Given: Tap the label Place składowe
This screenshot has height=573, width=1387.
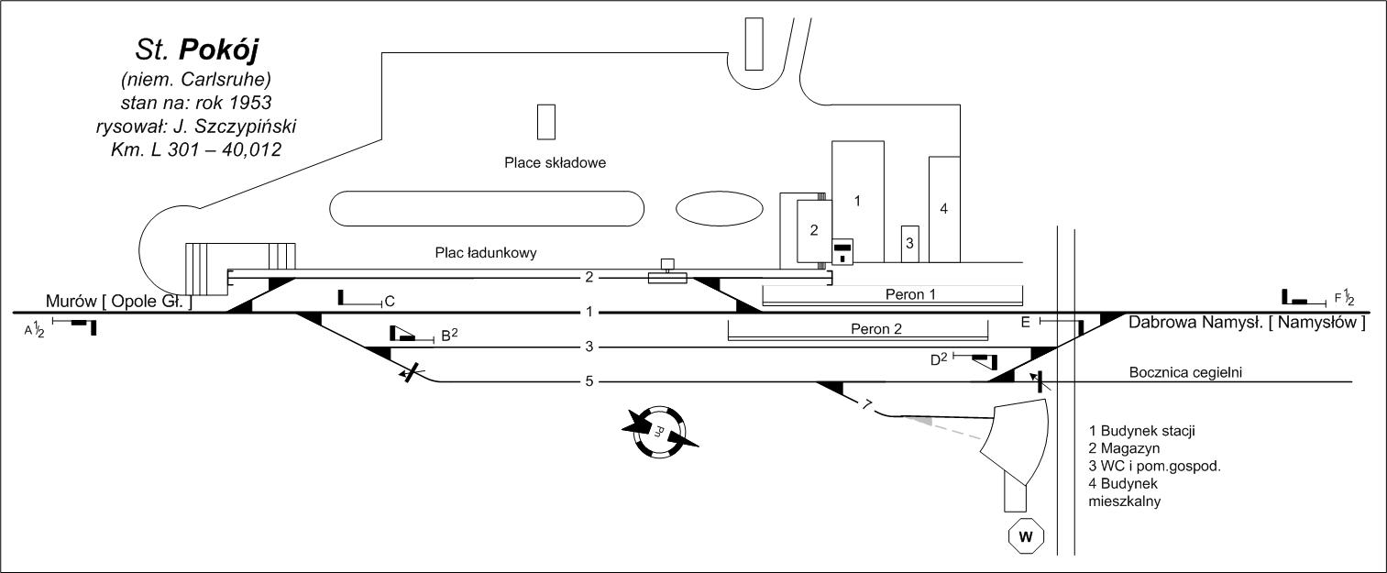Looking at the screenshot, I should tap(556, 163).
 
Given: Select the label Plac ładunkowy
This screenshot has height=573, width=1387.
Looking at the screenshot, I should tap(485, 251).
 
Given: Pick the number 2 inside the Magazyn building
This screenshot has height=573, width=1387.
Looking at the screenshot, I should tap(813, 229).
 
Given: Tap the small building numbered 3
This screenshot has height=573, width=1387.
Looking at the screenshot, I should tap(909, 243).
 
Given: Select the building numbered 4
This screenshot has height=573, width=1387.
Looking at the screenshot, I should tap(943, 208).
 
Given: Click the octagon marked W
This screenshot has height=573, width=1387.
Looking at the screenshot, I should tap(1027, 536).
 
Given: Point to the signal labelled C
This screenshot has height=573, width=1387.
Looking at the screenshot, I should tap(390, 301).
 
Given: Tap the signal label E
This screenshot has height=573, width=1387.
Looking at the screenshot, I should tap(1025, 321).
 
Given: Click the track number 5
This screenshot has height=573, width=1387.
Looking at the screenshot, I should tap(590, 381).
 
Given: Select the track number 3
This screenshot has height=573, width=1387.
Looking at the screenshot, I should tap(590, 347).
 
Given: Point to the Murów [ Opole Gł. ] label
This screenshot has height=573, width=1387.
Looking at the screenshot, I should tap(119, 302).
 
